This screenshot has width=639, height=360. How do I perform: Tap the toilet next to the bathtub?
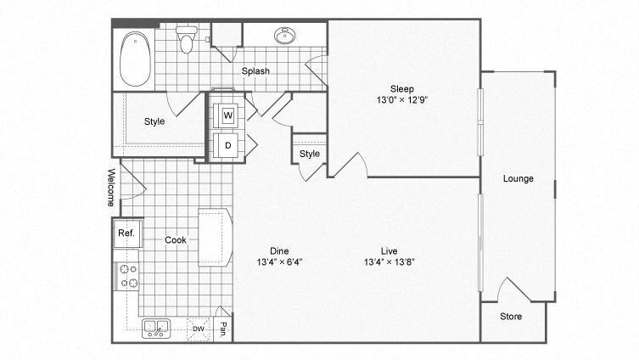[x=186, y=38]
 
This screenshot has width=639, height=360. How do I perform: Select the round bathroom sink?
[x=283, y=37]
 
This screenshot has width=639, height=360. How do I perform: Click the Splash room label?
[x=255, y=71]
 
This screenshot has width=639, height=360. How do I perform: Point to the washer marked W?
[x=227, y=115]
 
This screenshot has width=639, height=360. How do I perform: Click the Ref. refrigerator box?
[x=126, y=233]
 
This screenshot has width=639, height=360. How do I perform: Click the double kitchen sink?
[x=155, y=328]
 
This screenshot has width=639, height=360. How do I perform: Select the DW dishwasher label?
[x=198, y=329]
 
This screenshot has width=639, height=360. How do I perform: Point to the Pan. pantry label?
[x=223, y=329]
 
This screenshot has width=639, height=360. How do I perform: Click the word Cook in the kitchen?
[x=176, y=240]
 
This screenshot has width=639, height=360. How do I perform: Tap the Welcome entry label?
[x=110, y=188]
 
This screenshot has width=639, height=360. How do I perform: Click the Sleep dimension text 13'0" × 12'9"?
[x=401, y=99]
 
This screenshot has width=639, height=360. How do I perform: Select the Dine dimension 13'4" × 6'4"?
[x=279, y=262]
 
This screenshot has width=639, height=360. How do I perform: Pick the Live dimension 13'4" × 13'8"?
[x=390, y=262]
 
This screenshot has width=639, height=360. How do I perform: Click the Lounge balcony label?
[x=518, y=179]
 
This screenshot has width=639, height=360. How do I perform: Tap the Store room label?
[x=510, y=317]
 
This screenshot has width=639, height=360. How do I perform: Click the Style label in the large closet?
[x=154, y=121]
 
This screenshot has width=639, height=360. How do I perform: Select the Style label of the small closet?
[x=310, y=154]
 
